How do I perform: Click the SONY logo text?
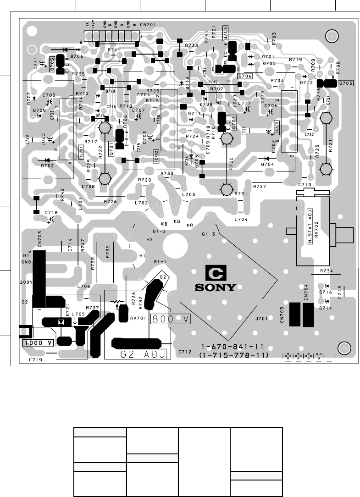(x=215, y=288)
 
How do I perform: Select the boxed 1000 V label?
(x=38, y=342)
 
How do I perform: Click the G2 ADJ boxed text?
(x=143, y=354)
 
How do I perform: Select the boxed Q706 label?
(x=245, y=76)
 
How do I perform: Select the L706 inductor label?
(x=84, y=286)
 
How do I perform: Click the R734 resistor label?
(x=326, y=271)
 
